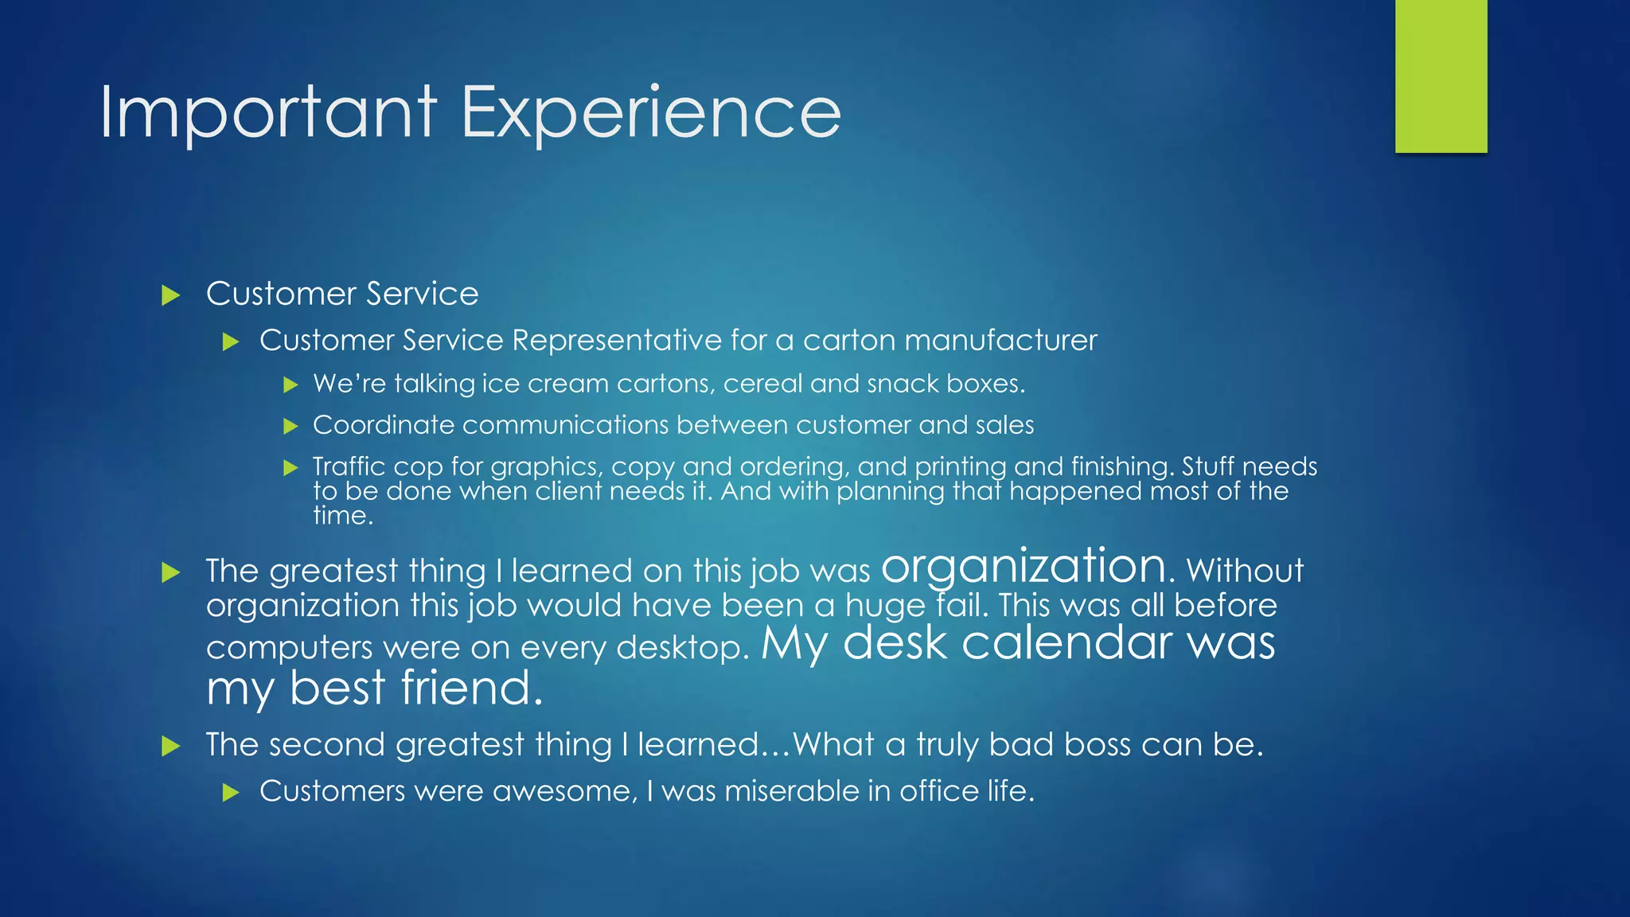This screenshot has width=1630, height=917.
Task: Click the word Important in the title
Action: pos(268,113)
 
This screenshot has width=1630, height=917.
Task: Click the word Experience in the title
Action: pos(650,113)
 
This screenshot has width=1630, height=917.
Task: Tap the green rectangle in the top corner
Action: pos(1441,76)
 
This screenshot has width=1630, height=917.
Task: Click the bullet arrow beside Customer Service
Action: pos(170,296)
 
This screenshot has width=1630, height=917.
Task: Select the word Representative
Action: pos(617,341)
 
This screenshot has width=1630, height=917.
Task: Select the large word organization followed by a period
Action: pos(1027,567)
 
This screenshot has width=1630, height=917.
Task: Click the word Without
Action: pos(1245,571)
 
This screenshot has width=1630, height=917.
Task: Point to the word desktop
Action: pos(682,648)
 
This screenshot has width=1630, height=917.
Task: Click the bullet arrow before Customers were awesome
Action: pos(231,793)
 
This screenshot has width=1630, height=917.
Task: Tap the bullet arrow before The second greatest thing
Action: pos(170,747)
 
